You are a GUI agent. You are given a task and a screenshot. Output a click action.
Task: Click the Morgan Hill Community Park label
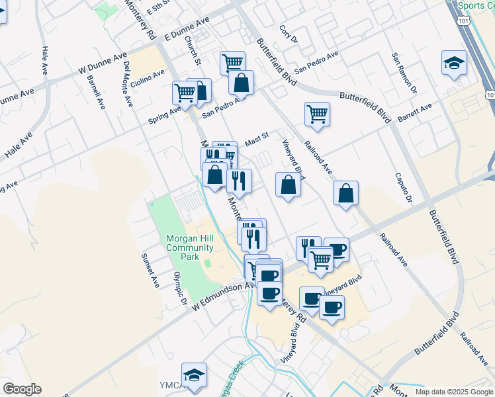(190, 247)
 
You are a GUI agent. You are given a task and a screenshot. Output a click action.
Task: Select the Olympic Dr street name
(179, 289)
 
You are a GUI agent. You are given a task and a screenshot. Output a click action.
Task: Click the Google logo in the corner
(22, 389)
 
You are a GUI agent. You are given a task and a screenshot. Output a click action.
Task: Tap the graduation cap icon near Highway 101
(454, 64)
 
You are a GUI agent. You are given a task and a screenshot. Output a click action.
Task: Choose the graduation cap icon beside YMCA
(194, 375)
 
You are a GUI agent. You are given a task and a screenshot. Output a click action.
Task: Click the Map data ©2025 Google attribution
(453, 392)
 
